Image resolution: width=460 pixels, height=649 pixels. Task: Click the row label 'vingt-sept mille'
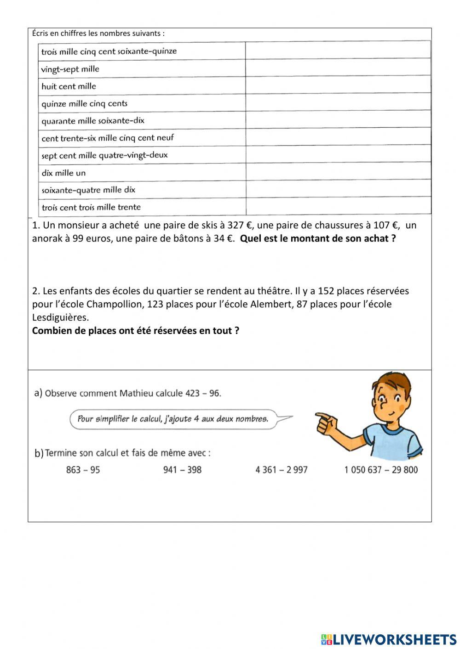70,69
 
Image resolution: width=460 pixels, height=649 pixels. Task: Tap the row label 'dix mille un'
63,173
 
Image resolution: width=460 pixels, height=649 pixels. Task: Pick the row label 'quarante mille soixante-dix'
93,121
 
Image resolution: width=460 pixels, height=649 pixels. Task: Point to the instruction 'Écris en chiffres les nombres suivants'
98,34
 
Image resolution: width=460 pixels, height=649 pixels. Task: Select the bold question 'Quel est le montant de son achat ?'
318,238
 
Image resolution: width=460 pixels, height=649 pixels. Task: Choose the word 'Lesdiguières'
60,317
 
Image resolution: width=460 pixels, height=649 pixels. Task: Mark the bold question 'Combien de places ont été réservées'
135,331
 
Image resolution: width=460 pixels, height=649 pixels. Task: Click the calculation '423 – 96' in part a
203,393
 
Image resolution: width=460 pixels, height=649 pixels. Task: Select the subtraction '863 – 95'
83,469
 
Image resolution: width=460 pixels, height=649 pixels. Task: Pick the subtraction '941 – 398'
182,469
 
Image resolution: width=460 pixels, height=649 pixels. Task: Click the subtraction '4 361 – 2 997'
282,469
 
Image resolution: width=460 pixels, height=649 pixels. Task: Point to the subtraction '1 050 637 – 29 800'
381,469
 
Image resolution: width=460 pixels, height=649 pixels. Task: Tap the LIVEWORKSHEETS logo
388,639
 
